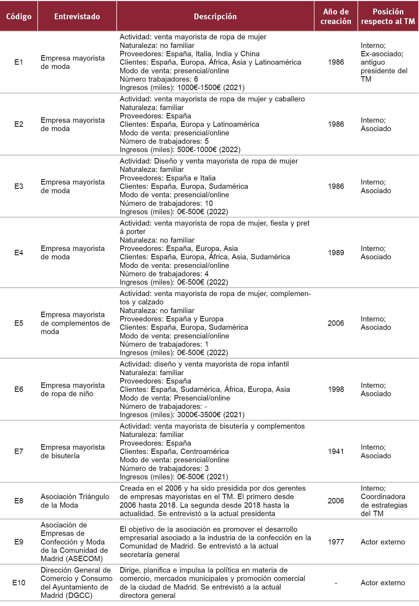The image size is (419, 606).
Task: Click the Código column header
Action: (x=19, y=16)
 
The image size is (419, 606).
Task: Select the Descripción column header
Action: (x=215, y=16)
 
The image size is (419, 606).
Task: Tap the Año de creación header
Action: (x=335, y=16)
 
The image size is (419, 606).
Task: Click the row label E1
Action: (x=19, y=62)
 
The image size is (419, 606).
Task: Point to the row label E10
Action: (x=19, y=583)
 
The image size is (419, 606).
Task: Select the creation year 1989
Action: (x=336, y=253)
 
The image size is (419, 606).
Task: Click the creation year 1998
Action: (x=336, y=389)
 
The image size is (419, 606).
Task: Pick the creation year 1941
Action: (x=336, y=451)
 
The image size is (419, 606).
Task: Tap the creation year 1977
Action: (x=336, y=542)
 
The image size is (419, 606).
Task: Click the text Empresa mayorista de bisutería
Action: (x=72, y=451)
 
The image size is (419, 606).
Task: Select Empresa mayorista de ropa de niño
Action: (x=72, y=389)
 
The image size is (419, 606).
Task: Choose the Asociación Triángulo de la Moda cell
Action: (x=75, y=501)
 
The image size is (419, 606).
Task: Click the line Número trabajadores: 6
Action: (x=159, y=79)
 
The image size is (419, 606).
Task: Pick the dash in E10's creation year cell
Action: (x=336, y=583)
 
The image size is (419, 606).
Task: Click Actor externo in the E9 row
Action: (x=383, y=542)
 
